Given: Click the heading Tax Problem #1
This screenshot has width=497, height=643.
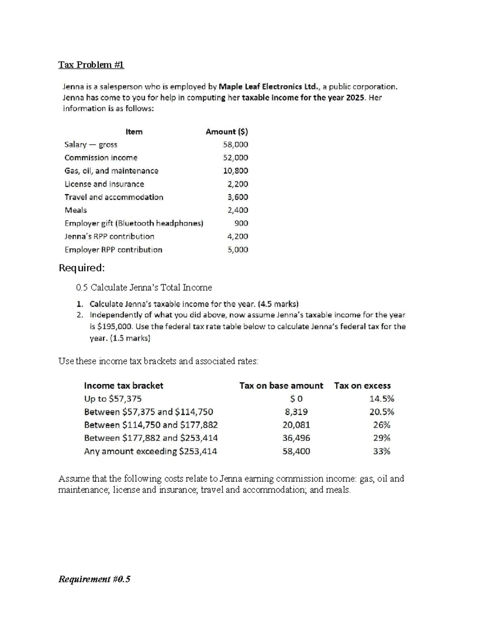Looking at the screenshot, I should coord(91,65).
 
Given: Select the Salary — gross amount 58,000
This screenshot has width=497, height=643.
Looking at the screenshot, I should coord(235,144).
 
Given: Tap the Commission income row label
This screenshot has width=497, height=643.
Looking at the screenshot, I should coord(101,158).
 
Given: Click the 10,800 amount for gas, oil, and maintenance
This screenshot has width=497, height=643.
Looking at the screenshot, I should coord(235,171).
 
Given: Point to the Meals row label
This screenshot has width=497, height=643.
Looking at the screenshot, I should coord(75,210).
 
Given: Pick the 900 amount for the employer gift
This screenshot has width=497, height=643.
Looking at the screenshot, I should coord(241,223).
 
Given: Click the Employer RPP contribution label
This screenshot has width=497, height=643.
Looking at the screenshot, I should coord(113,250).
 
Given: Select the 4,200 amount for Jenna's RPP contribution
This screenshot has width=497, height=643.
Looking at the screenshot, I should coord(237,236).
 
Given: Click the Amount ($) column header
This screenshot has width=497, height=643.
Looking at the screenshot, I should coord(227,132).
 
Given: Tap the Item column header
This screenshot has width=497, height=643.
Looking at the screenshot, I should coord(134,132).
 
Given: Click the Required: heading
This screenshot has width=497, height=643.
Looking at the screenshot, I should coord(82,268).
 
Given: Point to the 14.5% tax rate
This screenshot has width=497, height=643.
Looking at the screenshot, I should coord(381,399).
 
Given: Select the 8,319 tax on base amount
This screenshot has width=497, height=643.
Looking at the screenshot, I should coord(296,412).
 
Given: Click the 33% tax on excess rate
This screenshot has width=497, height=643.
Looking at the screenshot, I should coord(381,451).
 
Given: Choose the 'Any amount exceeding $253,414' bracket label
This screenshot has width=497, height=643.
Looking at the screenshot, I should coord(150,451).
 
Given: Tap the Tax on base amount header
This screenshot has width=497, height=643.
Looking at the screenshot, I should coord(281,385).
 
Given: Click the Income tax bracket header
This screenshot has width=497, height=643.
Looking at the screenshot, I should coord(123,385).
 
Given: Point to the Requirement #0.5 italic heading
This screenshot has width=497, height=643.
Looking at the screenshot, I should coord(94,579).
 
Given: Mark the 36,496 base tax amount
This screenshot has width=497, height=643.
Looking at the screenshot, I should coord(296,438).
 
